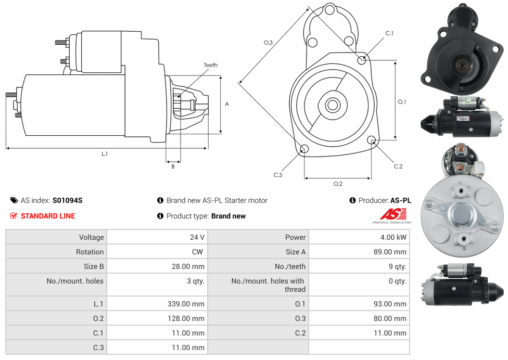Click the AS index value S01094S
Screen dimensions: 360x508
[67, 200]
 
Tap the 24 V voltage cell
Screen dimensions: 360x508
[197, 237]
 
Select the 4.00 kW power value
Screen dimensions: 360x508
[393, 237]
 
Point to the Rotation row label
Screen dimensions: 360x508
[90, 252]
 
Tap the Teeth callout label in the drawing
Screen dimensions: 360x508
[211, 65]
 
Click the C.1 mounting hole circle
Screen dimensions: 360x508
[362, 60]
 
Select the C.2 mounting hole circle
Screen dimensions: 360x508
[372, 140]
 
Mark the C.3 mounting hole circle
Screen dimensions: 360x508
[305, 150]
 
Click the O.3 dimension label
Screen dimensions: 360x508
[268, 43]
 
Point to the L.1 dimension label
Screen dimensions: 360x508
[105, 153]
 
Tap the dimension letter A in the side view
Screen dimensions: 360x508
[227, 104]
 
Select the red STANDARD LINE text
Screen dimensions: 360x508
[47, 216]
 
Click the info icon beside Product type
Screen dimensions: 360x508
[160, 216]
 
